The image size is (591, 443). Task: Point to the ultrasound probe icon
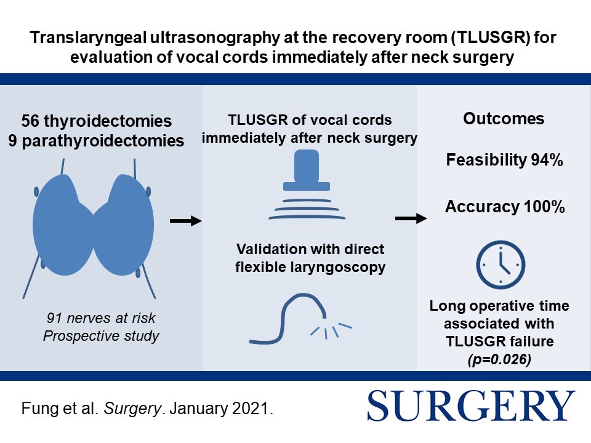click(307, 185)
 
